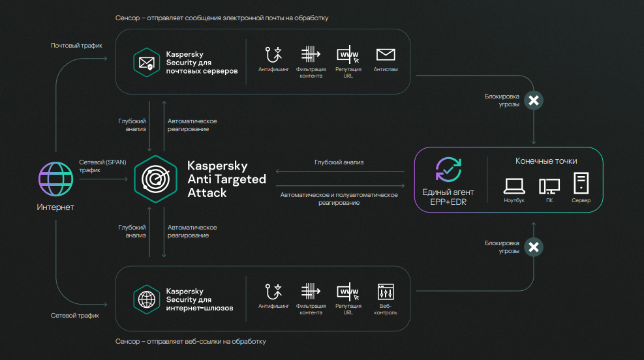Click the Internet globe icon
(x=56, y=179)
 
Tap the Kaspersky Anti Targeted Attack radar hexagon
(x=156, y=179)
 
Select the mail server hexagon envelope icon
(x=147, y=63)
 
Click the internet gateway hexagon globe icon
(x=147, y=299)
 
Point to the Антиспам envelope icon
(x=386, y=55)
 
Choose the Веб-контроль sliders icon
(x=386, y=292)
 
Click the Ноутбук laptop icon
(x=514, y=186)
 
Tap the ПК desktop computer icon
(x=549, y=187)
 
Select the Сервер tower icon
(x=581, y=183)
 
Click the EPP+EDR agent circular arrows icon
(x=448, y=170)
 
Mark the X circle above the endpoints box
(x=534, y=100)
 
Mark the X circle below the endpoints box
(x=534, y=247)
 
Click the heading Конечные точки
(x=546, y=161)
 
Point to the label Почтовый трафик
(x=76, y=46)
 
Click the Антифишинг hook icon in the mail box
(x=273, y=55)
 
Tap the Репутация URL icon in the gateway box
(x=348, y=292)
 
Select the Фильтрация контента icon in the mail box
(x=311, y=54)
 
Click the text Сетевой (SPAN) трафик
(x=102, y=166)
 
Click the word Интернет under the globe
(x=55, y=207)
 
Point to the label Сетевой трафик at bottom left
(x=75, y=316)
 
